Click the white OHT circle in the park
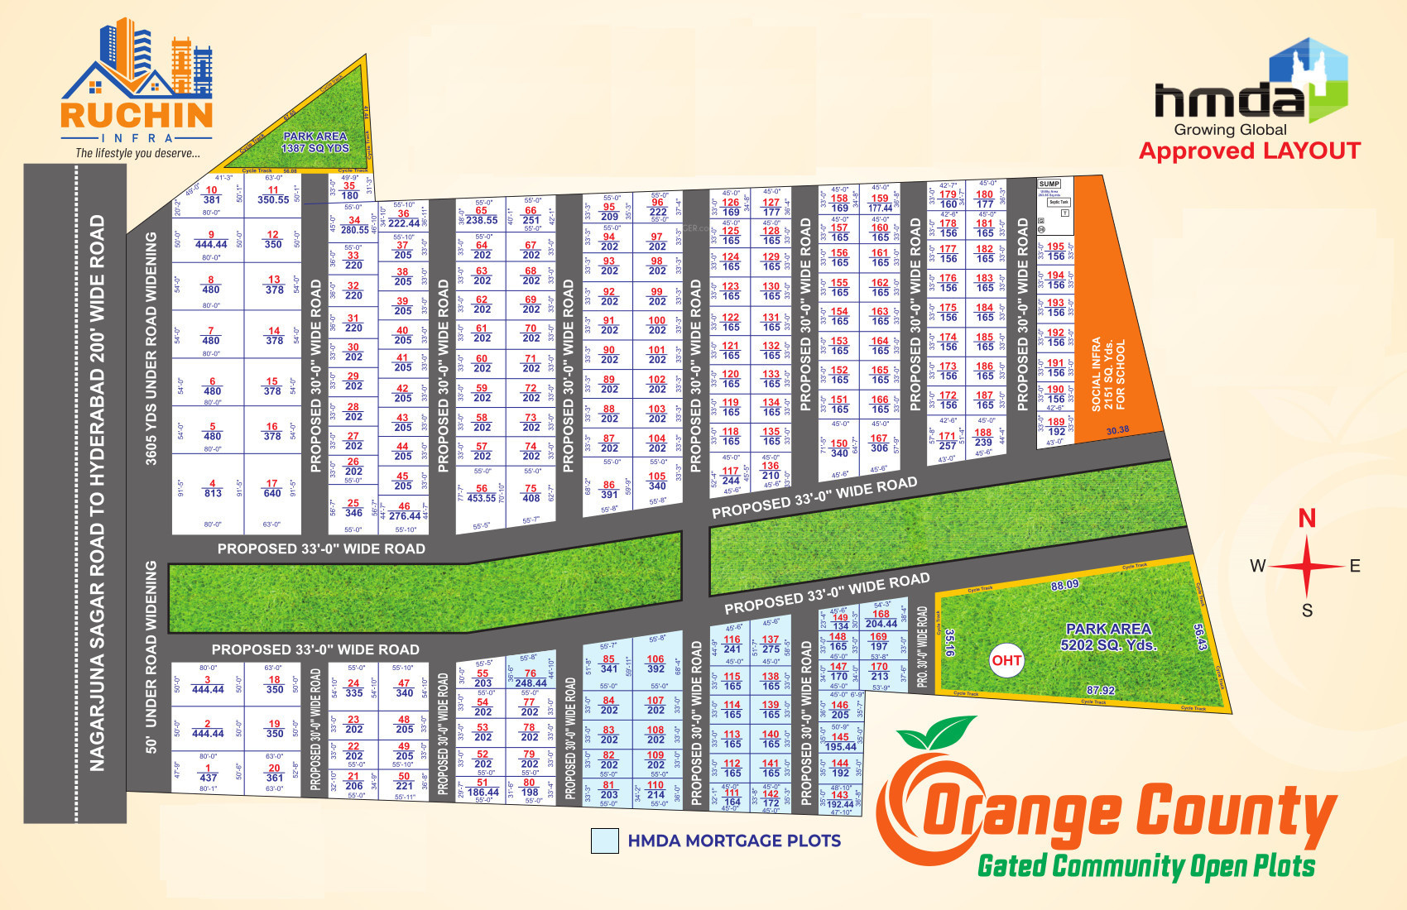(1006, 660)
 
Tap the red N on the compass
(1307, 519)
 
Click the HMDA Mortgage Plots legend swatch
(605, 841)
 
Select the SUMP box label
(1049, 184)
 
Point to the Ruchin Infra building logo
(137, 70)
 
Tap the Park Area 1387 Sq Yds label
(315, 142)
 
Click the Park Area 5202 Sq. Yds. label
(1108, 636)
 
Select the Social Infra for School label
(1108, 374)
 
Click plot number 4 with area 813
(213, 488)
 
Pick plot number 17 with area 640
(272, 488)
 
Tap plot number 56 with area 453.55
(482, 493)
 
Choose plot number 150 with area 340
(839, 448)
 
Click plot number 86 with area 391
(609, 490)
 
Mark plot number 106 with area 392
(655, 663)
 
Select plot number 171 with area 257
(948, 440)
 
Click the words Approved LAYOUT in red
(1250, 151)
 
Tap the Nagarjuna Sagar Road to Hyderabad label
(98, 493)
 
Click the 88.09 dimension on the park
(1064, 586)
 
